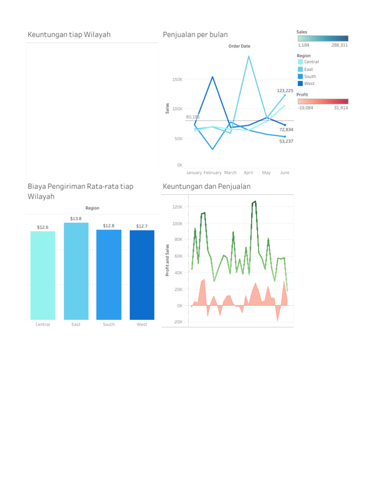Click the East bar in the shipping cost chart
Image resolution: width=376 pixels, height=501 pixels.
point(76,271)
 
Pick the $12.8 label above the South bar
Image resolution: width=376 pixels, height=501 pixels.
point(109,226)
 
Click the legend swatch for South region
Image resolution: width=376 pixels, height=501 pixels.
point(300,76)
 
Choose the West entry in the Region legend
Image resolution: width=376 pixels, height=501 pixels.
point(309,84)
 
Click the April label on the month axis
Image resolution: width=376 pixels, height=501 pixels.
point(249,173)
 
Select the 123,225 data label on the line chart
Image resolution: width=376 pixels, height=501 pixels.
point(285,91)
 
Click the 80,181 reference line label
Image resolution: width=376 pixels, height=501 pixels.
point(193,117)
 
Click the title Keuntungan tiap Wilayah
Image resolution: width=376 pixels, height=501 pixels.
point(69,34)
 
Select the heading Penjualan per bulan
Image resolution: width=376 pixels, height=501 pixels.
point(195,34)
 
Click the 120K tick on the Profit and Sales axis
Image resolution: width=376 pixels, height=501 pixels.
point(177,207)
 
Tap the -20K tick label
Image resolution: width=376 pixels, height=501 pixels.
point(177,322)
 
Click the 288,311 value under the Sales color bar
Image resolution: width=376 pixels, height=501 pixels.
point(339,45)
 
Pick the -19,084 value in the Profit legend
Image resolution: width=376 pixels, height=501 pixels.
point(305,108)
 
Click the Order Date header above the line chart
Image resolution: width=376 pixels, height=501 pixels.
point(239,46)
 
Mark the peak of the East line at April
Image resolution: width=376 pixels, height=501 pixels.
point(249,56)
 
